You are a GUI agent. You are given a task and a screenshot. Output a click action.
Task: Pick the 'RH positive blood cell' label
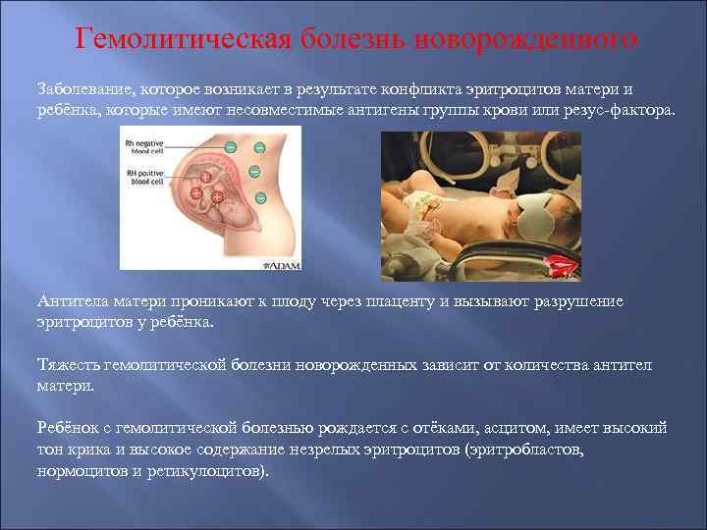pos(144,178)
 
